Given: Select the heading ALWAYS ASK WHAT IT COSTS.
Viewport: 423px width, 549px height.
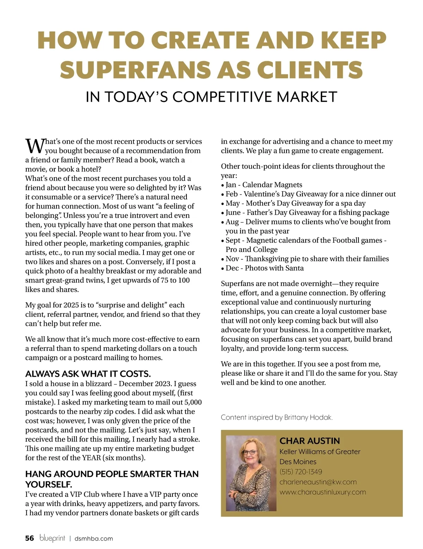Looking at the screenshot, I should coord(88,374).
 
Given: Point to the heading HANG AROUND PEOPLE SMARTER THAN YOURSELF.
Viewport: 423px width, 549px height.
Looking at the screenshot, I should coord(112,479).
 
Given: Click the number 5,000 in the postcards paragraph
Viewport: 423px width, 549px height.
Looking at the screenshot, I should coord(193,402).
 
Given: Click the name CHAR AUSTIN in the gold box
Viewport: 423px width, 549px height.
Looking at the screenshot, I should coord(309,441).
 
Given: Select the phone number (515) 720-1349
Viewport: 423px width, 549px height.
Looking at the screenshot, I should coord(301,472).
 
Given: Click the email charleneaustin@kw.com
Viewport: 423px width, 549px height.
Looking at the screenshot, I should coord(318,482).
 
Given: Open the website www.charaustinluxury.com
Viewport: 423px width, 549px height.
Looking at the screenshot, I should coord(323,492).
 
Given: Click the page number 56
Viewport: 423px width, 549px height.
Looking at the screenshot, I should coord(30,538).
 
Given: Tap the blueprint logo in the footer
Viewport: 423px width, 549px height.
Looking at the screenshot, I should coord(52,538).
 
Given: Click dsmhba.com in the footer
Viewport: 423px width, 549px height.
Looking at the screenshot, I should coord(94,538).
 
